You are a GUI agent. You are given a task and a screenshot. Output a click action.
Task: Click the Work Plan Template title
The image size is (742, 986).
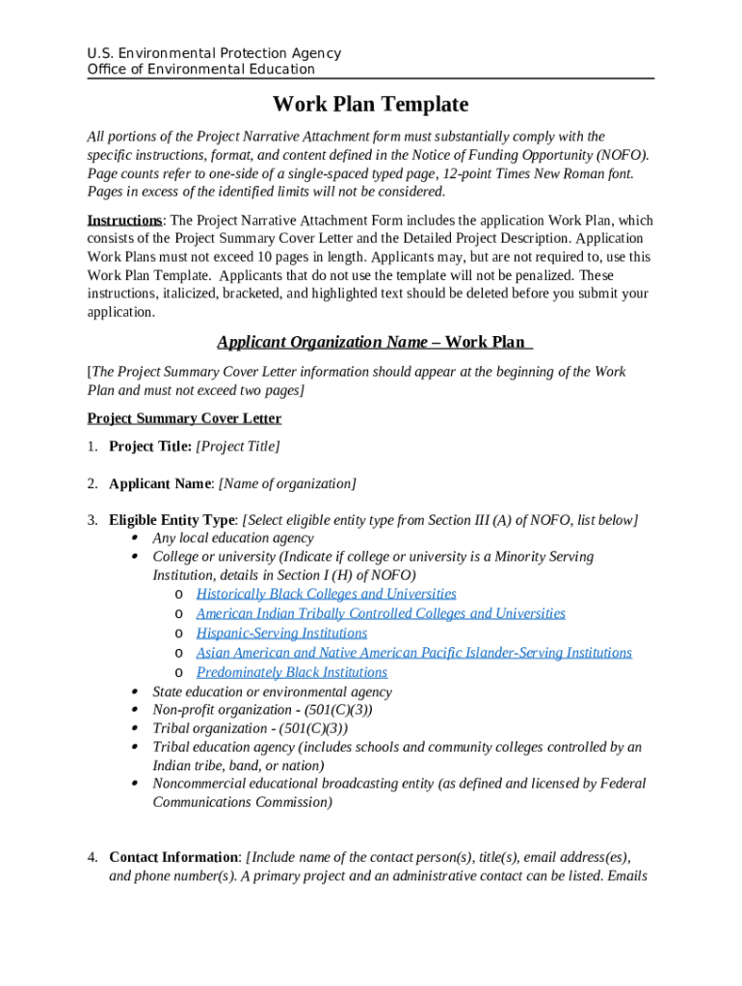click(370, 104)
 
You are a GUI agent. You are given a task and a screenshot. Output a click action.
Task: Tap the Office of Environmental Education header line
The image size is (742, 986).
click(200, 69)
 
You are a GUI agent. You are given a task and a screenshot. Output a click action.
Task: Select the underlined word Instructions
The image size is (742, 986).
click(123, 221)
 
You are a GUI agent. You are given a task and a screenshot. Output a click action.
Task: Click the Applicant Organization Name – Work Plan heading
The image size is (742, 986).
click(374, 342)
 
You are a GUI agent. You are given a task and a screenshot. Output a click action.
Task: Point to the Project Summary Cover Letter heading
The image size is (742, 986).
click(184, 418)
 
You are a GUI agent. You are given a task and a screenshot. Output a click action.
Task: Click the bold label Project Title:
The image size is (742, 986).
click(150, 446)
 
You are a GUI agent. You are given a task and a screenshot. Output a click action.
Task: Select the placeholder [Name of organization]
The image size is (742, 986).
click(287, 483)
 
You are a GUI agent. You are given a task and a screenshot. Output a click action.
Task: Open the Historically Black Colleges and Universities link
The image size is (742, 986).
click(326, 594)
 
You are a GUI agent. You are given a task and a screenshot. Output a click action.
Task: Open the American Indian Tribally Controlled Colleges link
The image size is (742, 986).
click(380, 613)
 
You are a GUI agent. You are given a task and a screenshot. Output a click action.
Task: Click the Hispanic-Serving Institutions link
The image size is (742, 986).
click(281, 633)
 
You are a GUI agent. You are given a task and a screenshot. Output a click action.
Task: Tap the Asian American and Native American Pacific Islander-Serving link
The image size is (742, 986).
click(413, 653)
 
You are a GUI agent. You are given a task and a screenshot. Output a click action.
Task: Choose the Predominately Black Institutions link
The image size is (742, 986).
click(291, 672)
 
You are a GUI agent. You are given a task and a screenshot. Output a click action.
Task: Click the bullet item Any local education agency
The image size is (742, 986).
click(233, 538)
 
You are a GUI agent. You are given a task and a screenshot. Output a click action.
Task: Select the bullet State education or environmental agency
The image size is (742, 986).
click(272, 691)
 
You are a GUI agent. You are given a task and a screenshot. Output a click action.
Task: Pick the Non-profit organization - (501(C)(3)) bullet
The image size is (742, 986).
click(262, 710)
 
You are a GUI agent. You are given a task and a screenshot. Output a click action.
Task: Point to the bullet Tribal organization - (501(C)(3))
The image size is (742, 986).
click(250, 728)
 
